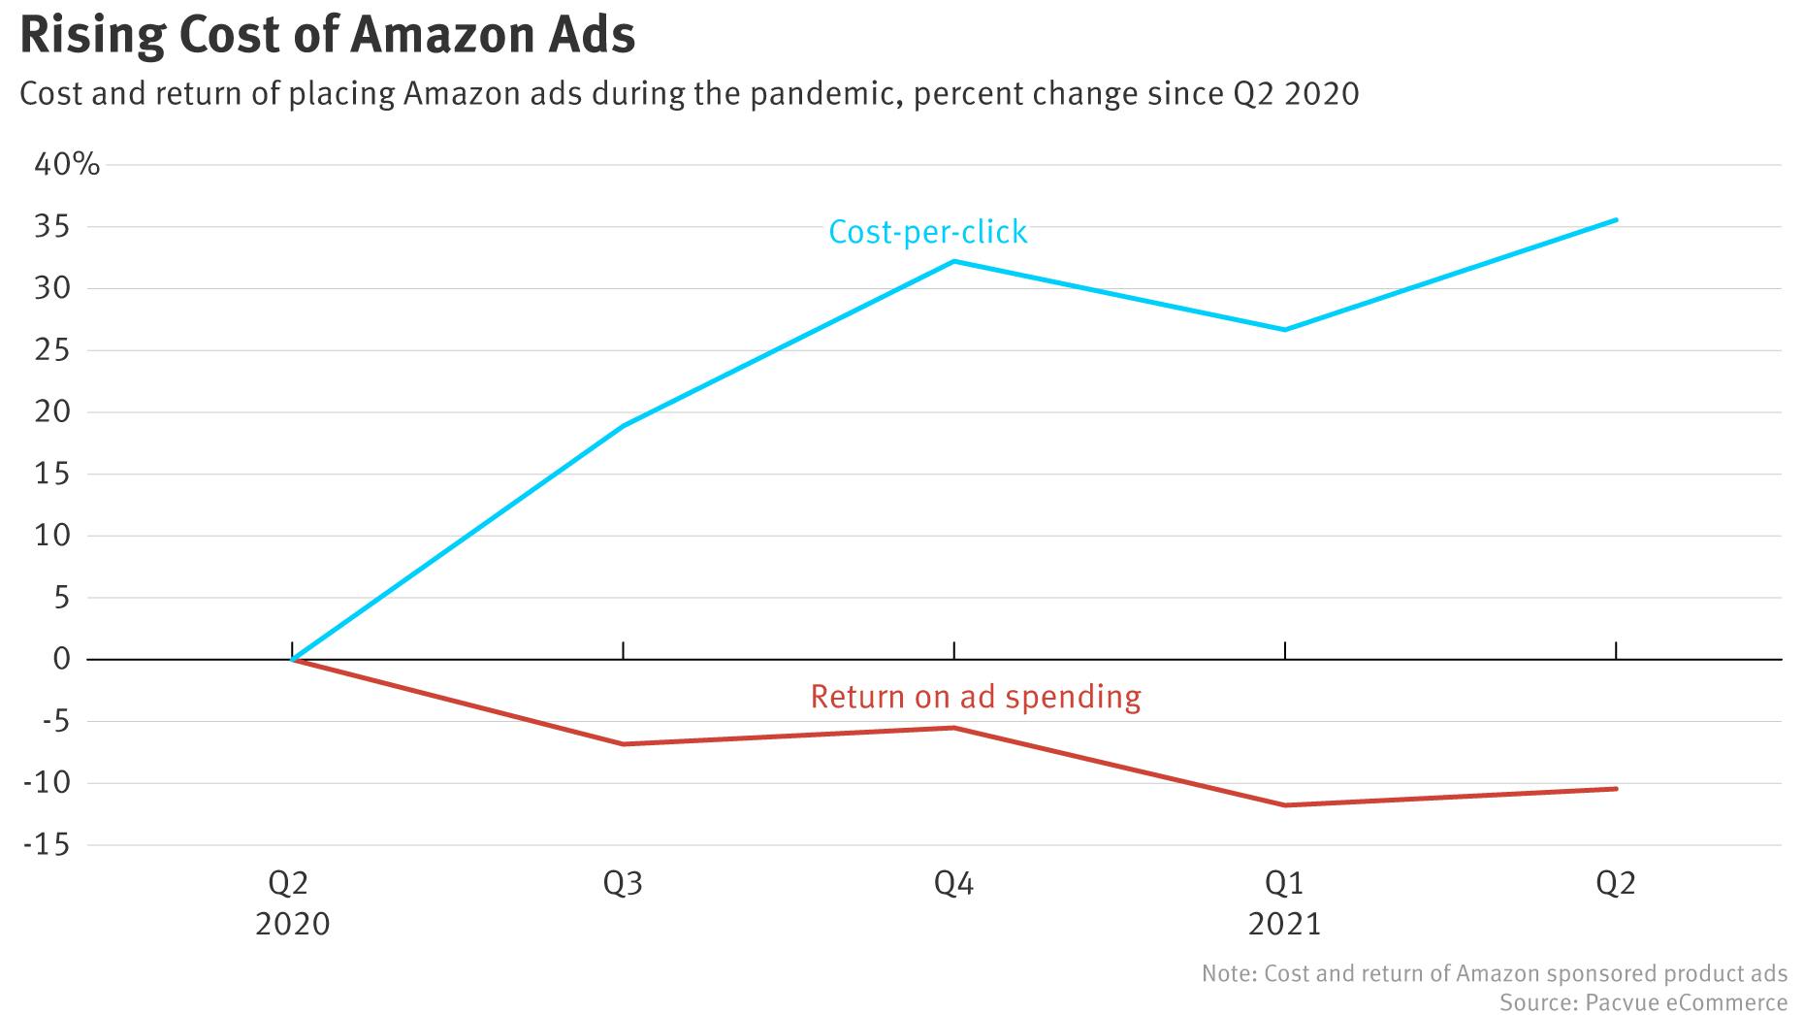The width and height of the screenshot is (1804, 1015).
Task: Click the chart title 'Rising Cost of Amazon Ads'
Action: click(328, 35)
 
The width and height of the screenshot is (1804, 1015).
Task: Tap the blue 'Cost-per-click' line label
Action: click(927, 232)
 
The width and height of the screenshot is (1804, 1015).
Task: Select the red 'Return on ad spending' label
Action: click(975, 697)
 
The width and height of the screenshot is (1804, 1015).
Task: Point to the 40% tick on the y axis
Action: click(67, 164)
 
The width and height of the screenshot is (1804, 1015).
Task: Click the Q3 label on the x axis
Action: click(623, 883)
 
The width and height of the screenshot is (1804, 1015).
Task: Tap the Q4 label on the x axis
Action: click(953, 883)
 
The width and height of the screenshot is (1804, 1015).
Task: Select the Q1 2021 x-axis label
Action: click(1285, 902)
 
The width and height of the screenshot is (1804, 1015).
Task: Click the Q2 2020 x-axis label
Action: click(292, 902)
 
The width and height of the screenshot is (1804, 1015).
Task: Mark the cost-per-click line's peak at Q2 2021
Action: click(1616, 219)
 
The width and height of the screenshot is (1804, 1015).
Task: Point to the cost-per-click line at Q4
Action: click(954, 261)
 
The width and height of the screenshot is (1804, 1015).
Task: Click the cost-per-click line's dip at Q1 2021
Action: click(1285, 330)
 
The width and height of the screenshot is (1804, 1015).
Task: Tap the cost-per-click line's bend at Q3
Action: click(623, 425)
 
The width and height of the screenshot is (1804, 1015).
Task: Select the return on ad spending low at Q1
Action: click(1285, 805)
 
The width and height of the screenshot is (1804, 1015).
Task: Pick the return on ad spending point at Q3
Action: click(623, 744)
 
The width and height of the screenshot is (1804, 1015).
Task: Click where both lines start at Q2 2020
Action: click(292, 660)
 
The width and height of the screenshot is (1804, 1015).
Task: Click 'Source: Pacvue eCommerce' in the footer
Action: click(1643, 1001)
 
